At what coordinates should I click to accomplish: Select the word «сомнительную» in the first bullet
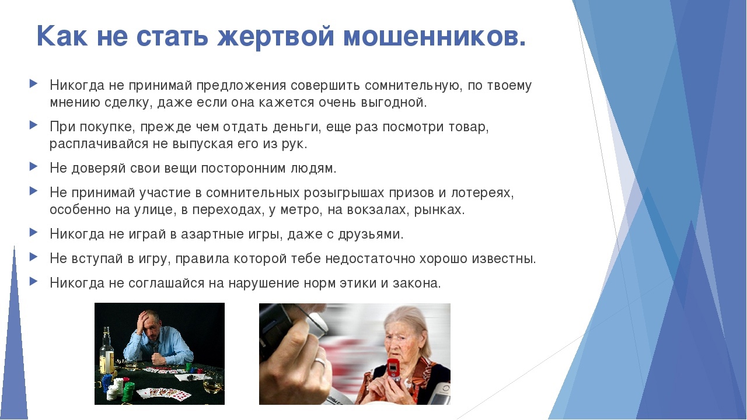(x=413, y=86)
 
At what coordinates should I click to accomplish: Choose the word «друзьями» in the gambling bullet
(x=370, y=235)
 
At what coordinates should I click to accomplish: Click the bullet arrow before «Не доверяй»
(x=33, y=166)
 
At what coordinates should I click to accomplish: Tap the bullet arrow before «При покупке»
(x=33, y=125)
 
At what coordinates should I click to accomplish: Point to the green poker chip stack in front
(x=129, y=392)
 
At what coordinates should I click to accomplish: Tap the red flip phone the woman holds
(x=394, y=369)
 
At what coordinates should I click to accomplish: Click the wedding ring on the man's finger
(x=320, y=362)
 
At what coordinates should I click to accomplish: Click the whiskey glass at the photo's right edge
(x=213, y=384)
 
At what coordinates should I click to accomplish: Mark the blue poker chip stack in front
(x=106, y=383)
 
